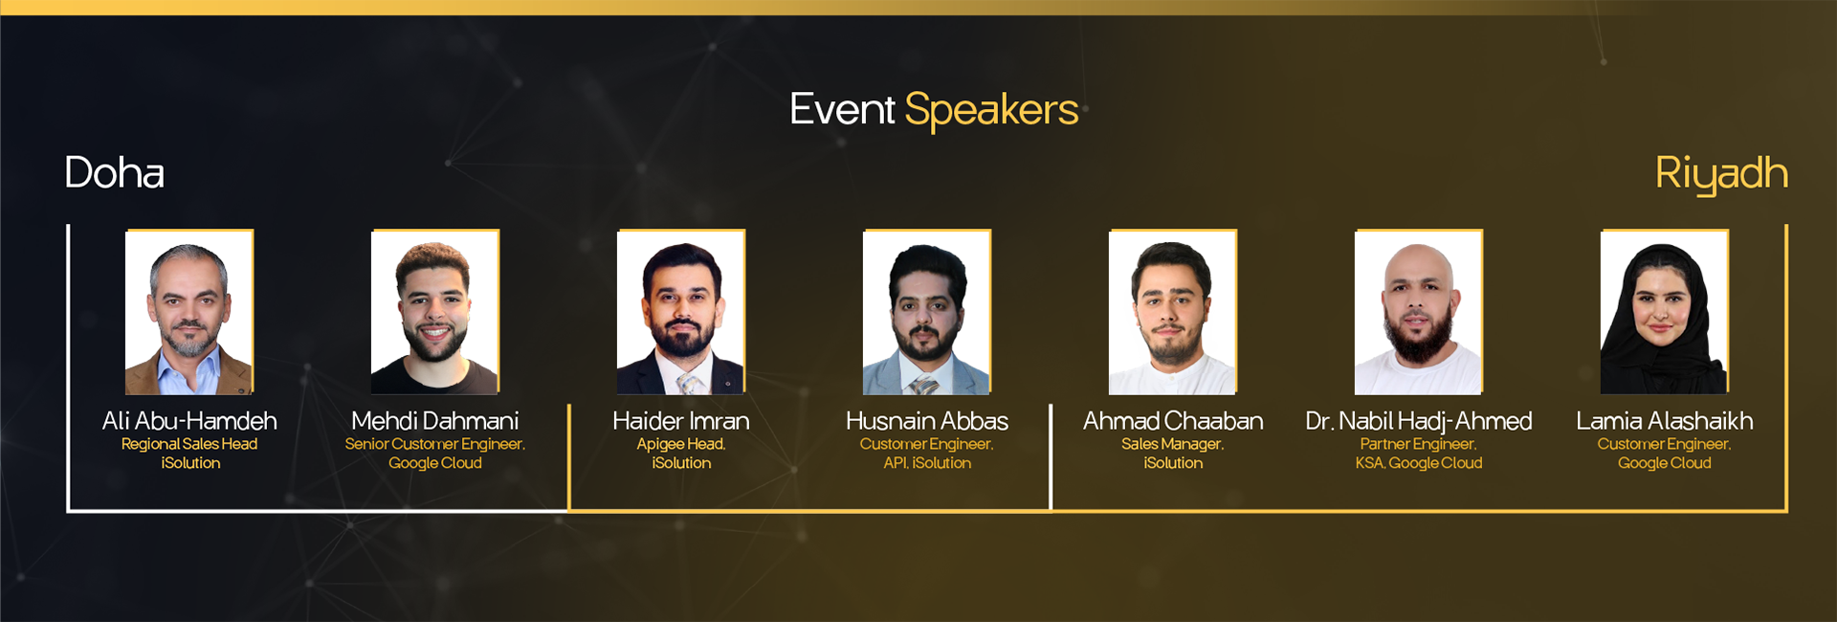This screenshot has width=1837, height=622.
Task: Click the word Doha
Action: pyautogui.click(x=114, y=173)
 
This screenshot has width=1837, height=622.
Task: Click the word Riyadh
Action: pyautogui.click(x=1720, y=174)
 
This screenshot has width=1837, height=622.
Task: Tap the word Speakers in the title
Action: pyautogui.click(x=991, y=110)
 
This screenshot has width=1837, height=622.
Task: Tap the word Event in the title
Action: pyautogui.click(x=842, y=109)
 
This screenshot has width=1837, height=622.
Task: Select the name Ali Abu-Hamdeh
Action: pyautogui.click(x=189, y=421)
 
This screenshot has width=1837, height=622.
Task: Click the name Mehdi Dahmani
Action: pyautogui.click(x=434, y=421)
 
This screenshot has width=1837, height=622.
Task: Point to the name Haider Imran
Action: pyautogui.click(x=680, y=421)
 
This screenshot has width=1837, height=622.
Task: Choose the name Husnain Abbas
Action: pyautogui.click(x=926, y=421)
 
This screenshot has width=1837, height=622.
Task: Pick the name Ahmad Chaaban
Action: pyautogui.click(x=1172, y=421)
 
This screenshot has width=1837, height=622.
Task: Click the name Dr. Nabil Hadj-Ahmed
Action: pyautogui.click(x=1418, y=421)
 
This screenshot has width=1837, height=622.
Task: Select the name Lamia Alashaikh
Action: pyautogui.click(x=1664, y=421)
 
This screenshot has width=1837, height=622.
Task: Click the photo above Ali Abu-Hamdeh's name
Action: pyautogui.click(x=189, y=312)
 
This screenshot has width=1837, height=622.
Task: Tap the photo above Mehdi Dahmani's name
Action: pyautogui.click(x=434, y=312)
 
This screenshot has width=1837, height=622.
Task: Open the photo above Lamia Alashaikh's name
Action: pyautogui.click(x=1664, y=312)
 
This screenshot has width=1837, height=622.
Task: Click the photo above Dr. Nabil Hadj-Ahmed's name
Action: pyautogui.click(x=1418, y=312)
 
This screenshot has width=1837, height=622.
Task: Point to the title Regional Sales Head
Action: pyautogui.click(x=189, y=444)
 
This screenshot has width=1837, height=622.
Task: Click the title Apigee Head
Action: pyautogui.click(x=680, y=444)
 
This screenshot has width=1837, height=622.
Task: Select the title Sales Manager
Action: pyautogui.click(x=1172, y=444)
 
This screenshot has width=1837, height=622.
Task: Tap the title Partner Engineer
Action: pyautogui.click(x=1418, y=444)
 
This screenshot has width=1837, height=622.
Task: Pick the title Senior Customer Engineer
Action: pyautogui.click(x=434, y=444)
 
